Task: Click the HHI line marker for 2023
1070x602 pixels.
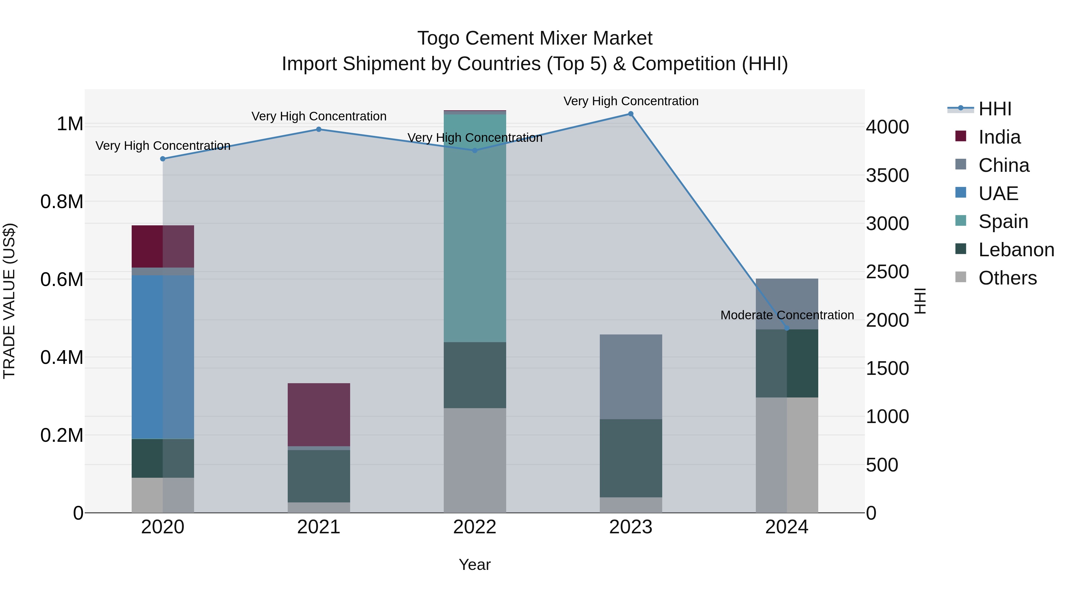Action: pos(630,114)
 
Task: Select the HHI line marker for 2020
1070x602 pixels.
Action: pos(163,159)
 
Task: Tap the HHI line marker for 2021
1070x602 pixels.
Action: pos(319,129)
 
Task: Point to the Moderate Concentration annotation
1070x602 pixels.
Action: pos(787,315)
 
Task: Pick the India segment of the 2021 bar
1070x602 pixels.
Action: pos(319,415)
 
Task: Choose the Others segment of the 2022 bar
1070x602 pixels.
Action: pos(475,460)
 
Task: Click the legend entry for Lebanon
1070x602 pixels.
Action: pos(1016,250)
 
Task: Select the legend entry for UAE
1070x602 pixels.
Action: pos(998,194)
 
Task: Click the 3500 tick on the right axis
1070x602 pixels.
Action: pos(887,175)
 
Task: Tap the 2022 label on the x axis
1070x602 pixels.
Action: pos(475,527)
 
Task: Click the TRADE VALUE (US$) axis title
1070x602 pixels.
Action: pos(9,301)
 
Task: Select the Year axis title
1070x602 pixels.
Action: pos(475,565)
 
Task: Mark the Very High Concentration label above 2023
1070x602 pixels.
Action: pos(630,101)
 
